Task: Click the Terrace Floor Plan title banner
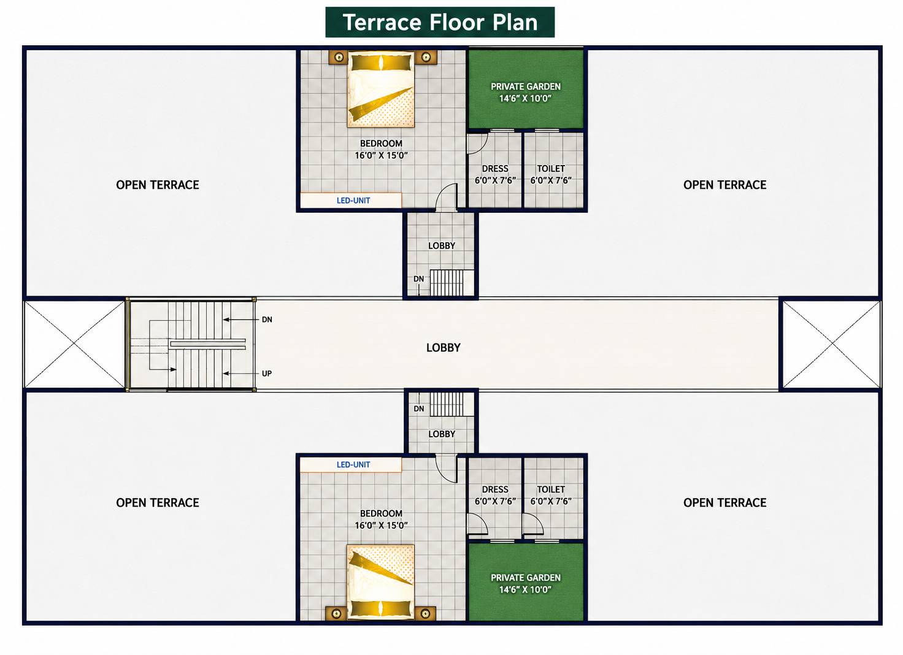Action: click(x=440, y=22)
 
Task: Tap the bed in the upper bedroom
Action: click(x=380, y=89)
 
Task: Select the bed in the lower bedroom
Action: click(x=380, y=582)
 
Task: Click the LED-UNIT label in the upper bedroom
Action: click(x=353, y=201)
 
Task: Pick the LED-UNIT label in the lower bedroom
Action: click(x=353, y=464)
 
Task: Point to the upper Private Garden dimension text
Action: click(x=525, y=98)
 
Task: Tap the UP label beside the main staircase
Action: click(x=266, y=373)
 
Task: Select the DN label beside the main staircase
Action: click(x=267, y=320)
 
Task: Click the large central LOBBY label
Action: click(x=444, y=348)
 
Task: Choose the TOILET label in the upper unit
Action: click(x=551, y=169)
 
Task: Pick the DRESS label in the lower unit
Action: click(x=495, y=489)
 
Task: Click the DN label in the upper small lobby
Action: click(x=418, y=279)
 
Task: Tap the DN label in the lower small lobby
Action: click(x=419, y=408)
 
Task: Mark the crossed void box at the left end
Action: click(x=74, y=344)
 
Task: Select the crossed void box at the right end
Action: click(x=831, y=344)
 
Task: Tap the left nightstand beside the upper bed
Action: click(x=338, y=57)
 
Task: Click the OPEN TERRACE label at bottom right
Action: click(x=724, y=503)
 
